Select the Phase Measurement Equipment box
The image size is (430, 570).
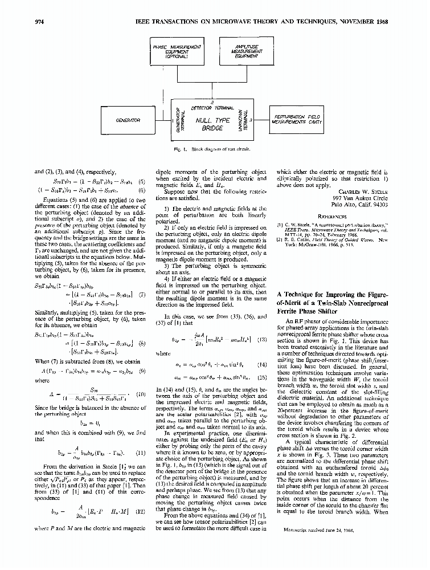pyautogui.click(x=176, y=51)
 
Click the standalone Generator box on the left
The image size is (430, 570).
pyautogui.click(x=128, y=120)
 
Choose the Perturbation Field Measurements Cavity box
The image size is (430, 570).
pyautogui.click(x=296, y=120)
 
